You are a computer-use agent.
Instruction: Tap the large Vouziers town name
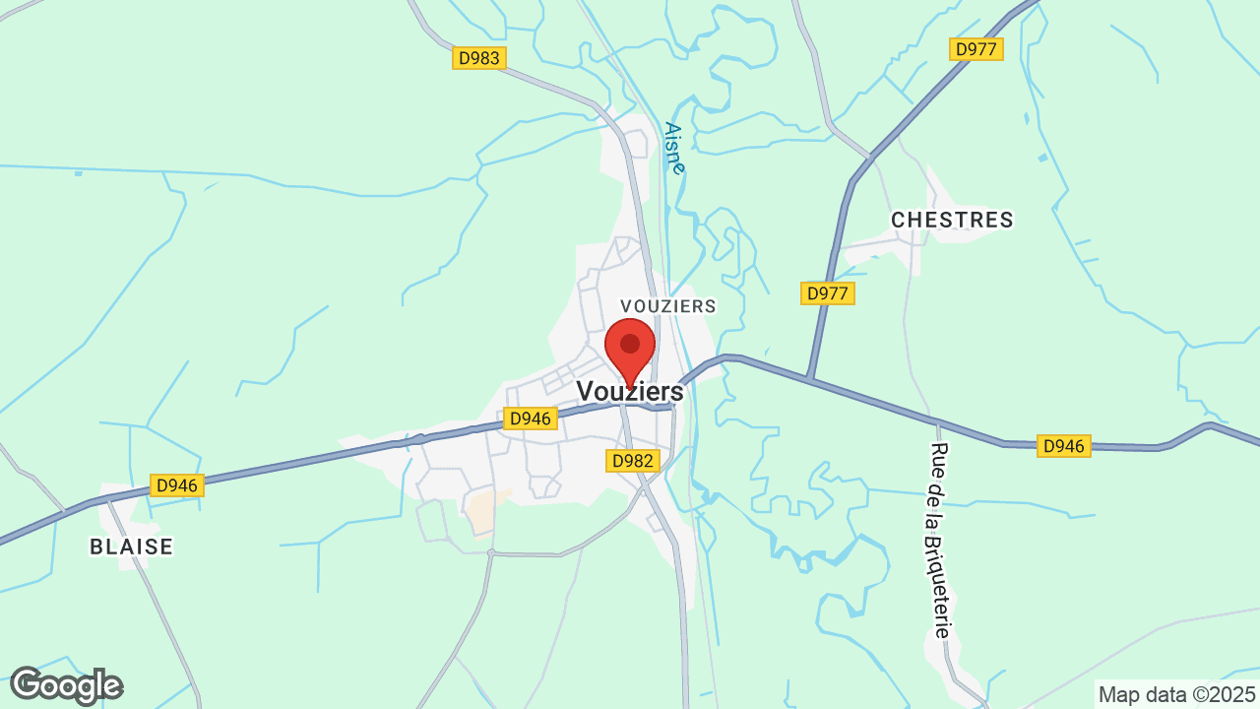630,391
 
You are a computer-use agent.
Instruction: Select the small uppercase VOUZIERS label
668,306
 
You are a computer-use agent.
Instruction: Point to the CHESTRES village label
952,220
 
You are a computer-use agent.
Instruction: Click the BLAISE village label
131,547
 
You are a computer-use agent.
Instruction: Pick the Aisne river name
674,148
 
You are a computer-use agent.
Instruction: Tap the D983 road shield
479,58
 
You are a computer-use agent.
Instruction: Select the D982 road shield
632,461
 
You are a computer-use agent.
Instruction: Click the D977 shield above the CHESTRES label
976,49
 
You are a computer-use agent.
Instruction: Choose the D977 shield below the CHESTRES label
829,292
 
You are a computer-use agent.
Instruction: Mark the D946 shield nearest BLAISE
177,485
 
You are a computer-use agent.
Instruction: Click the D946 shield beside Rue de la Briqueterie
1064,446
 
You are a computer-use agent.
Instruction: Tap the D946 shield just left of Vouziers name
532,419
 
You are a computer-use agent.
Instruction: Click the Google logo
66,685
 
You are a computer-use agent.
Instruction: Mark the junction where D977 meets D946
808,378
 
